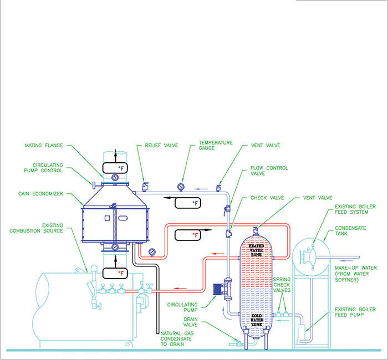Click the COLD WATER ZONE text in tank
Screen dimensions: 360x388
(x=256, y=318)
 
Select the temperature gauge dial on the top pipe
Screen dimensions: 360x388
(x=181, y=186)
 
